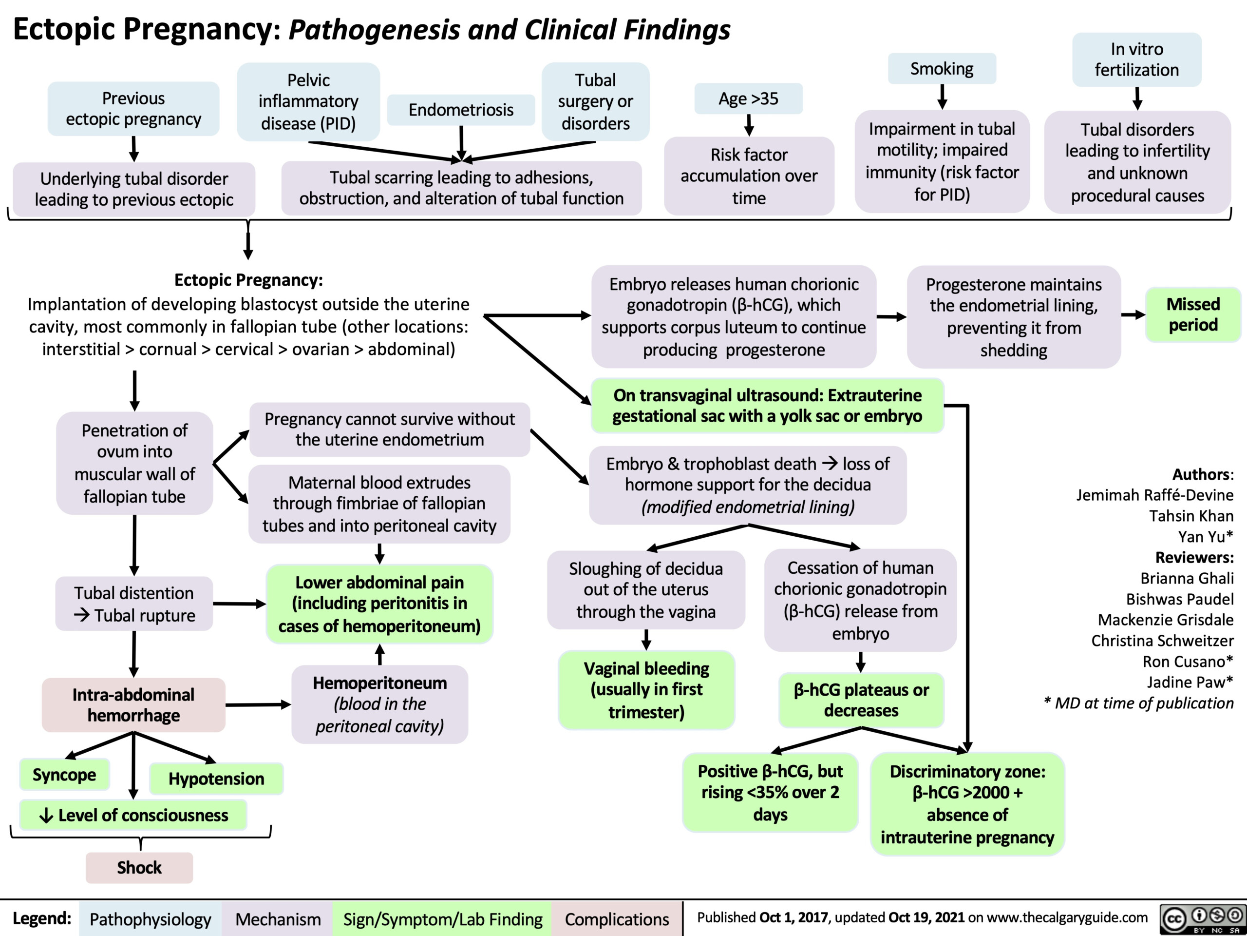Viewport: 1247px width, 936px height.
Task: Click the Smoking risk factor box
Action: click(942, 69)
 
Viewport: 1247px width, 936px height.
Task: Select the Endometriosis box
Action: click(461, 110)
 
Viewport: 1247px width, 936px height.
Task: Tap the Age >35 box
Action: click(749, 99)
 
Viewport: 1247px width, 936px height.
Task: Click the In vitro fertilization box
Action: click(1137, 59)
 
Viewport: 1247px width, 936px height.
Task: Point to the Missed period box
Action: click(1193, 314)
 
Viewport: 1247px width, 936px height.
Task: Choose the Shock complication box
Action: click(139, 867)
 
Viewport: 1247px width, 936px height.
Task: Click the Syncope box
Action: click(64, 775)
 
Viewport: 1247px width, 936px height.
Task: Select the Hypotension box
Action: click(216, 779)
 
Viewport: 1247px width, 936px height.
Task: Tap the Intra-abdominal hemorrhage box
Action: click(133, 704)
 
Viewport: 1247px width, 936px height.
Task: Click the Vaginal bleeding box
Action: click(646, 690)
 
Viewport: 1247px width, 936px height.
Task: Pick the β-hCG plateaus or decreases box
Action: click(861, 700)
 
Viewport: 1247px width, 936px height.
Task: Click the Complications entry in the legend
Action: click(617, 919)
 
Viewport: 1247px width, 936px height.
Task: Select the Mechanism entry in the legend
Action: click(278, 919)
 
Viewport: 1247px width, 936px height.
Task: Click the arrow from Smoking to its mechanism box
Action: click(942, 97)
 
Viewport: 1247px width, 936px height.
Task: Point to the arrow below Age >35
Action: click(749, 125)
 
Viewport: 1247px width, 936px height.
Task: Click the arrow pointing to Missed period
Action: click(1133, 315)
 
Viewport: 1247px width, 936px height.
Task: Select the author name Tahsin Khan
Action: click(1191, 516)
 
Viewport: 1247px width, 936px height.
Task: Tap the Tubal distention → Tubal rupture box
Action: click(134, 604)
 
